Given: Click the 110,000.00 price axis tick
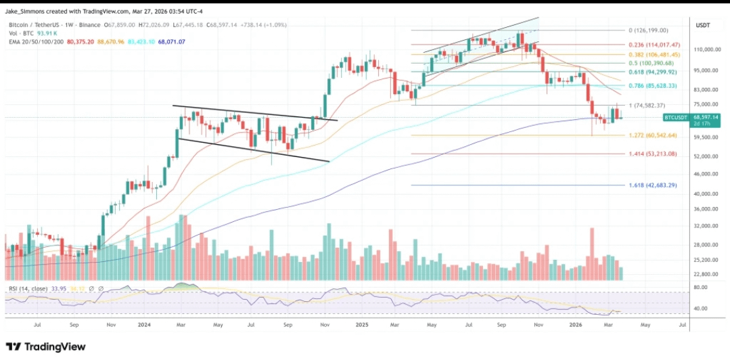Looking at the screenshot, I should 705,50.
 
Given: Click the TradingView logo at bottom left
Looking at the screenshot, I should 46,346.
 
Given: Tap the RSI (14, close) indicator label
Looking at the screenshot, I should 28,289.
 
